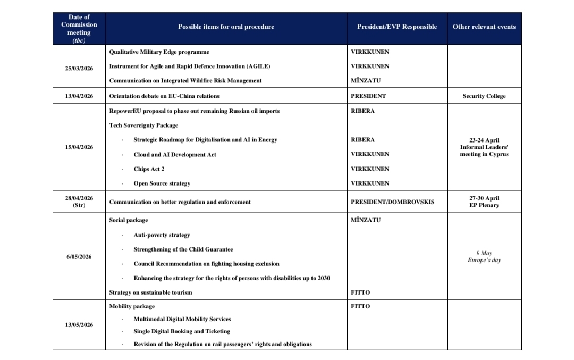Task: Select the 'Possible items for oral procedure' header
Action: pos(226,27)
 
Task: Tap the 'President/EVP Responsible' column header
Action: pos(396,27)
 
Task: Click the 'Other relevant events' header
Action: pos(484,27)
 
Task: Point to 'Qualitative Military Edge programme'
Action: pos(159,52)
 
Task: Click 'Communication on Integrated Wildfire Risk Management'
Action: pos(185,81)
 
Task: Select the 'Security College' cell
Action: pos(484,96)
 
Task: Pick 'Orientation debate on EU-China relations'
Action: pos(164,96)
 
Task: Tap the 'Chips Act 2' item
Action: pos(149,169)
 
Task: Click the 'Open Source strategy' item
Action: pos(162,183)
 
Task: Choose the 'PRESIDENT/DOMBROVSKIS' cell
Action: pos(392,202)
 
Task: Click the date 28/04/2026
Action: pos(79,198)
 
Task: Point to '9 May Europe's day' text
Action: pos(484,257)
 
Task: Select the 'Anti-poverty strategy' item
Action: pos(162,235)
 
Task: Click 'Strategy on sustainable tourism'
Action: pos(150,292)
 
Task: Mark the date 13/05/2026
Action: pos(79,325)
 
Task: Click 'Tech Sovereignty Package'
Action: pos(143,125)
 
